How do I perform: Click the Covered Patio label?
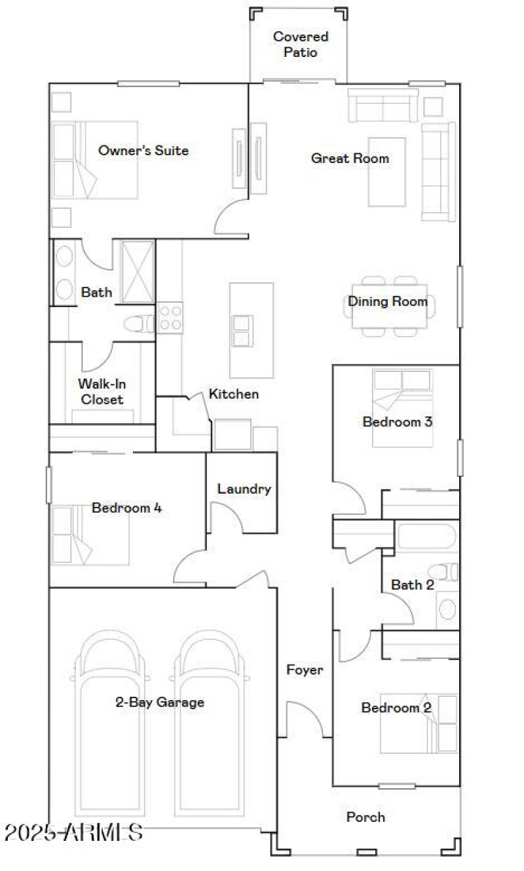[x=300, y=44]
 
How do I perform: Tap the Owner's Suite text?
[x=143, y=151]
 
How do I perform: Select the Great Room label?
[x=350, y=158]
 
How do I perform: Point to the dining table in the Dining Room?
[x=389, y=306]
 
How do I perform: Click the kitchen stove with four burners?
[x=170, y=318]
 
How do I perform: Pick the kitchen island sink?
[x=241, y=331]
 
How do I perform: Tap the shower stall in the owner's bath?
[x=138, y=271]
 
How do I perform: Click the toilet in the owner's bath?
[x=138, y=323]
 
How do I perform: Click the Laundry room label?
[x=244, y=489]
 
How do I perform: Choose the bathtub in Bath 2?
[x=426, y=537]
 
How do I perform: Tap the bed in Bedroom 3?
[x=402, y=408]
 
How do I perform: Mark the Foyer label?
[x=305, y=670]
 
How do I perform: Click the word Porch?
[x=365, y=817]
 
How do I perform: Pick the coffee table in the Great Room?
[x=386, y=172]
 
